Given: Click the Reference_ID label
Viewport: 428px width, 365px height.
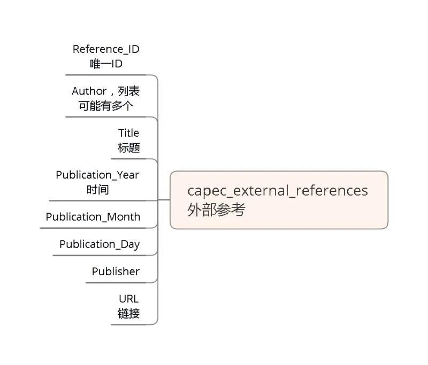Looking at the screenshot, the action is [x=106, y=49].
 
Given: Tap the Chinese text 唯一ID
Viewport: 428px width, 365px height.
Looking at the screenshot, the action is [x=106, y=64].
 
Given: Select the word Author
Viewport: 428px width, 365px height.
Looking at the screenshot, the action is [x=89, y=91].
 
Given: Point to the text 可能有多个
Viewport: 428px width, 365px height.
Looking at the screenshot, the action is [x=106, y=105].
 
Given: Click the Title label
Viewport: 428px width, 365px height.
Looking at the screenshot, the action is [x=128, y=133].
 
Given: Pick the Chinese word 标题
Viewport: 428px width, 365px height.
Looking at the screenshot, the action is [x=128, y=147].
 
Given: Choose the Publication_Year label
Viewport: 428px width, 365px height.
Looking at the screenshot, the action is [x=97, y=175].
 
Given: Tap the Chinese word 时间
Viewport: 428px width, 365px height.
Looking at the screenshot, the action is [x=97, y=189].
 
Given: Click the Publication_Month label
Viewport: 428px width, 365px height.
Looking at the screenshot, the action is [x=93, y=216].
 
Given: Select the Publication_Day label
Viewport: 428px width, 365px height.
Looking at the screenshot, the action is [x=100, y=244].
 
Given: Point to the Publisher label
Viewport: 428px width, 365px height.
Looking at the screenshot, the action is [x=116, y=271].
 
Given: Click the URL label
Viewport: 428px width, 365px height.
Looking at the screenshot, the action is [x=128, y=299].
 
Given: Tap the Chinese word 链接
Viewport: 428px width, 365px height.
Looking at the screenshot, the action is [x=128, y=314].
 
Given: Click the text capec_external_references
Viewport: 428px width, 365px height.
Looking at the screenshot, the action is [x=278, y=190].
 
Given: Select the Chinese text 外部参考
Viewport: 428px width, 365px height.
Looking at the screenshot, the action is [x=216, y=209].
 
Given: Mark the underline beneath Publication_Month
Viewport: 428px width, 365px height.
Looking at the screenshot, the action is [x=96, y=228].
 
